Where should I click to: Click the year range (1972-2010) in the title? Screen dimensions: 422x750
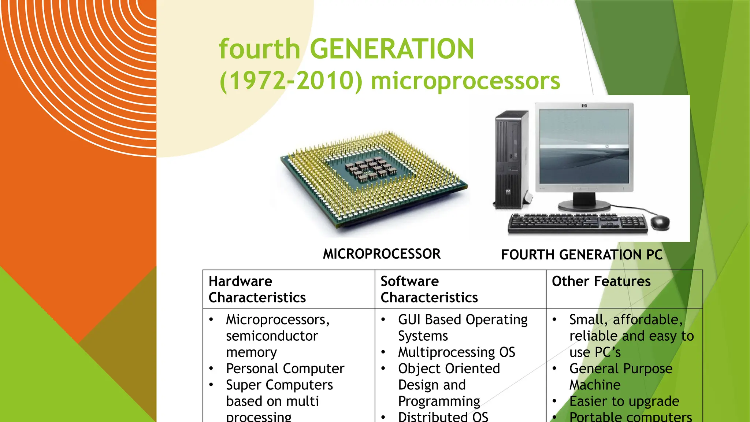(291, 81)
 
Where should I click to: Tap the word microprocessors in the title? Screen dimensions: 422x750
(465, 81)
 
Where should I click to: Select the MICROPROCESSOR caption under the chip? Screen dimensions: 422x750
(382, 254)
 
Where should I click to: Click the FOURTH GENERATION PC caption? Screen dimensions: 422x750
(582, 255)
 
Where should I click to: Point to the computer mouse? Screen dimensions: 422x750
(660, 222)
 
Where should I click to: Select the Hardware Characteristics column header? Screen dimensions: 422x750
(257, 289)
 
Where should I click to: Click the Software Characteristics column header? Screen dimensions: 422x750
(429, 289)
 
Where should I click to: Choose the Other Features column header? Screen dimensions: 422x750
(601, 281)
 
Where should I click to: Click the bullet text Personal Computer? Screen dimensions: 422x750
(285, 369)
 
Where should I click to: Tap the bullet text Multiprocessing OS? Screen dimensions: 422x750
(456, 352)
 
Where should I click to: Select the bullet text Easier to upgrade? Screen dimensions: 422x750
(624, 401)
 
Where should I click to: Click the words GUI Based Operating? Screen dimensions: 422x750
(463, 320)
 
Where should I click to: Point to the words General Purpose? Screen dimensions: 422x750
(621, 369)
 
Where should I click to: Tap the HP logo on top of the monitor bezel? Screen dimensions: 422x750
(584, 106)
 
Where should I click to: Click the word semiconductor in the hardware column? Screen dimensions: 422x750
(272, 336)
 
